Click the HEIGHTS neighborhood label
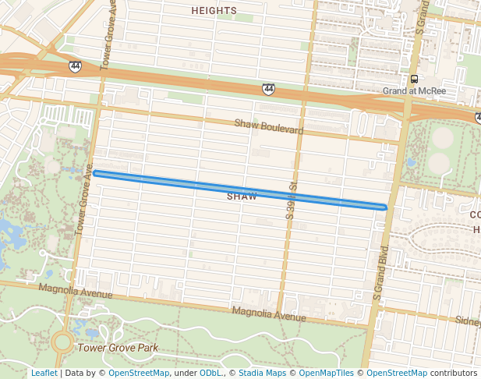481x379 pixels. point(214,10)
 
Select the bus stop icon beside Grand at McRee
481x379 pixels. point(414,79)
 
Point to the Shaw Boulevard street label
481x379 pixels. point(269,126)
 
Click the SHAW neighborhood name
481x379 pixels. point(242,197)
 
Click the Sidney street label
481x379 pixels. point(468,321)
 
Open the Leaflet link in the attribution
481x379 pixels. point(44,373)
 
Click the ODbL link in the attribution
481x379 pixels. point(210,373)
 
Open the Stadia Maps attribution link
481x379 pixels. point(262,373)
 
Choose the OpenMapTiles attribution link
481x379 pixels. point(326,373)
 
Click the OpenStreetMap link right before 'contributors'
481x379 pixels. point(397,373)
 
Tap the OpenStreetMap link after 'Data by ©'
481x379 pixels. point(139,373)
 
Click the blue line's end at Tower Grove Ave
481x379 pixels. point(95,173)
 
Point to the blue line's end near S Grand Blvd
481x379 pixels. point(384,207)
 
